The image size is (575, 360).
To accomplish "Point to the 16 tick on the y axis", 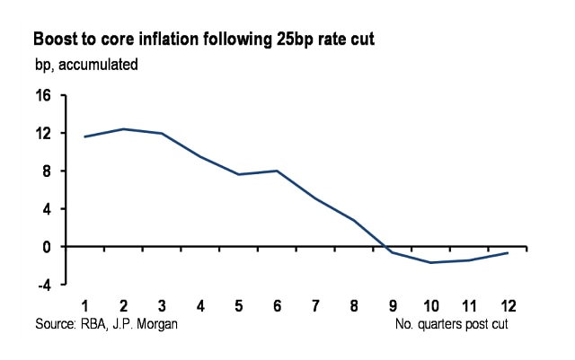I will coord(44,95).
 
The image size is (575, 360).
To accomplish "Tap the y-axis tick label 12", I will coord(44,133).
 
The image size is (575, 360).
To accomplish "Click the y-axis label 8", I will coord(48,171).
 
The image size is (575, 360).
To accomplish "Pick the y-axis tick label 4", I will coord(48,208).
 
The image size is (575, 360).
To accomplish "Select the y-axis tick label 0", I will coord(48,246).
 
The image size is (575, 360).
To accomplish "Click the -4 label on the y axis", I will coord(45,284).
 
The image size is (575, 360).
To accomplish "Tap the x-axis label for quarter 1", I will coord(86,306).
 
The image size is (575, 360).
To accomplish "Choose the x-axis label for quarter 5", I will coord(239,306).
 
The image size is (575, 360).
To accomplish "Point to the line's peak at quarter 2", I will coord(124,129).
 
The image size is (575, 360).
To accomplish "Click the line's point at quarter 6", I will coord(277,171).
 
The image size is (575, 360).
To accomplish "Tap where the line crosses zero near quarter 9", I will coord(385,246).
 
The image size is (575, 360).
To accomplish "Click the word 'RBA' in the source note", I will coord(93,323).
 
